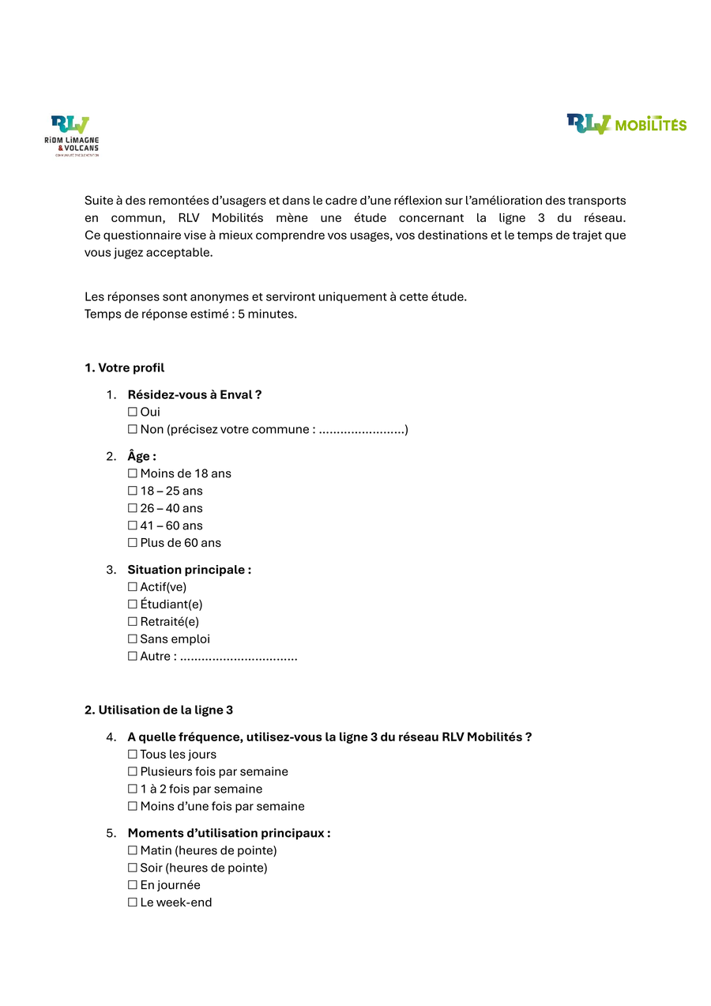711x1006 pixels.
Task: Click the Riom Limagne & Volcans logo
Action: tap(72, 135)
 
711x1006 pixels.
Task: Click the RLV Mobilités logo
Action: tap(626, 124)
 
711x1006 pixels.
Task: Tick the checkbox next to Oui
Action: tap(132, 412)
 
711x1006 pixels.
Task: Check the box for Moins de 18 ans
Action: tap(132, 473)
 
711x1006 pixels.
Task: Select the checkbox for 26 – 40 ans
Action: tap(132, 508)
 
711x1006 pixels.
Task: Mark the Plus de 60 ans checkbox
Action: tap(132, 543)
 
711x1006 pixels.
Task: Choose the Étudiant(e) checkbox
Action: tap(132, 605)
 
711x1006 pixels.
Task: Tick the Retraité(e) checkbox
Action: tap(132, 622)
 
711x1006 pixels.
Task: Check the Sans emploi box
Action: tap(132, 639)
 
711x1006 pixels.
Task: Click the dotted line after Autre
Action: tap(239, 657)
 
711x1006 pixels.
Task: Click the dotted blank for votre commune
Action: tap(361, 431)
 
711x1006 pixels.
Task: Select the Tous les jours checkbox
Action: tap(132, 755)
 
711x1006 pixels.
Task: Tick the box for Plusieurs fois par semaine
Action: tap(132, 772)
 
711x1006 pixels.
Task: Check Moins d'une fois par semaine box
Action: tap(132, 807)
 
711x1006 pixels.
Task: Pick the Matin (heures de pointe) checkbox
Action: tap(132, 851)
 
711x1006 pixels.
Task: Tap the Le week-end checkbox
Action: tap(132, 902)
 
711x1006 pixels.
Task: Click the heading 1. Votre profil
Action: tap(124, 367)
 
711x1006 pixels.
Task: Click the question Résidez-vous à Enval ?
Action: tap(194, 394)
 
